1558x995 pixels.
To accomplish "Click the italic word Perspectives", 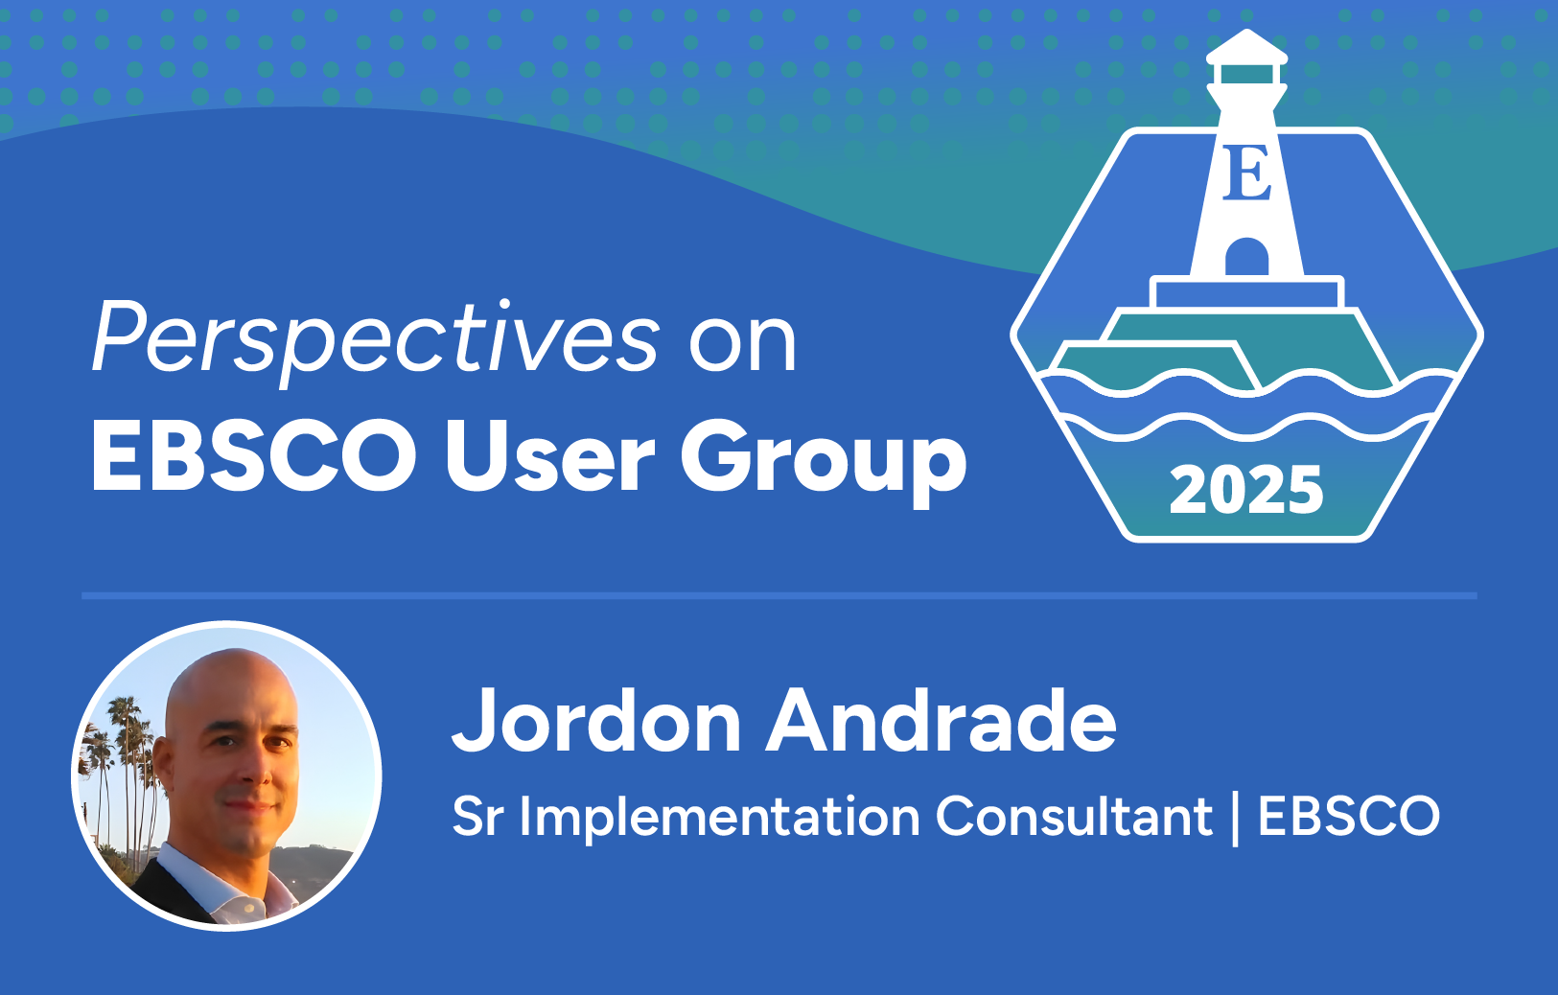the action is click(375, 340).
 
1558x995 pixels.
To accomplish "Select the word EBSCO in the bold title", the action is click(254, 456).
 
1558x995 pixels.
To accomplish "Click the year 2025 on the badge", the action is click(1246, 490).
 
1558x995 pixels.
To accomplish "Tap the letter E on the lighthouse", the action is click(1247, 173).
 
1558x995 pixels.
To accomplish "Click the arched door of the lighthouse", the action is click(1246, 257).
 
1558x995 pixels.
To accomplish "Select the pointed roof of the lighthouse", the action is click(1246, 46).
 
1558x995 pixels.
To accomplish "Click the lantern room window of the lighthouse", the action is click(1246, 74).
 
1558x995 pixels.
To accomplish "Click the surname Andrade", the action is click(942, 720).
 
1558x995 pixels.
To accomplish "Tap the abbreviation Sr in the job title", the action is click(477, 817).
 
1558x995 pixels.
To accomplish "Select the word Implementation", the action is click(720, 818).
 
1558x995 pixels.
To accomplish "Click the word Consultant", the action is click(1074, 817).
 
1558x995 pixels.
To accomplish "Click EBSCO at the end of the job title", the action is click(1349, 817).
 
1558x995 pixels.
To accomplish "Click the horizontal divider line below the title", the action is click(779, 596).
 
